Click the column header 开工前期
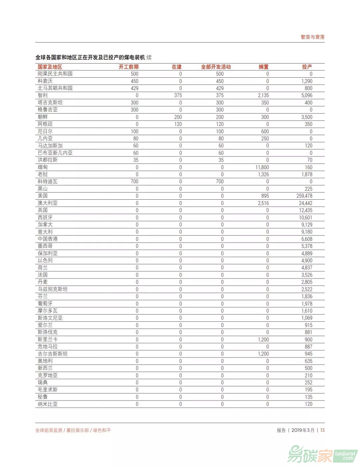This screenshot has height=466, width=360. click(128, 67)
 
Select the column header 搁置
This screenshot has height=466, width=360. click(263, 67)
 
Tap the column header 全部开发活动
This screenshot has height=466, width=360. click(216, 67)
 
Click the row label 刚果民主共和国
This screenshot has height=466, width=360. click(55, 74)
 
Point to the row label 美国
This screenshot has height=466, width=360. click(43, 196)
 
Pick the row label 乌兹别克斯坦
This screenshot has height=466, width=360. click(53, 289)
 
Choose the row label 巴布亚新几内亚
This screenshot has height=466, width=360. click(55, 153)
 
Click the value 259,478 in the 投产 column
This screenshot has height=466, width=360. click(304, 196)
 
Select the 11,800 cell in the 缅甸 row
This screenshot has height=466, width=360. click(262, 167)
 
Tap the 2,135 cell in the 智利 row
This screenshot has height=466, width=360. click(263, 95)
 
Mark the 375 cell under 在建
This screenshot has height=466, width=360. click(178, 95)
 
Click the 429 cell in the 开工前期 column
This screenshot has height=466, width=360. click(134, 88)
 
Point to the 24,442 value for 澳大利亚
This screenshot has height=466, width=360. click(305, 203)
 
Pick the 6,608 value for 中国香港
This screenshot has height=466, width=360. click(307, 239)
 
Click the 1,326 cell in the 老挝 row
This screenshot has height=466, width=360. click(263, 174)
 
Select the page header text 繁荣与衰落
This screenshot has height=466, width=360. click(312, 37)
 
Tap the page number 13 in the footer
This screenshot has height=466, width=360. click(322, 430)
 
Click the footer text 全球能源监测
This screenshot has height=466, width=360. click(49, 430)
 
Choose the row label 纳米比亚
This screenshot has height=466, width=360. click(48, 404)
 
